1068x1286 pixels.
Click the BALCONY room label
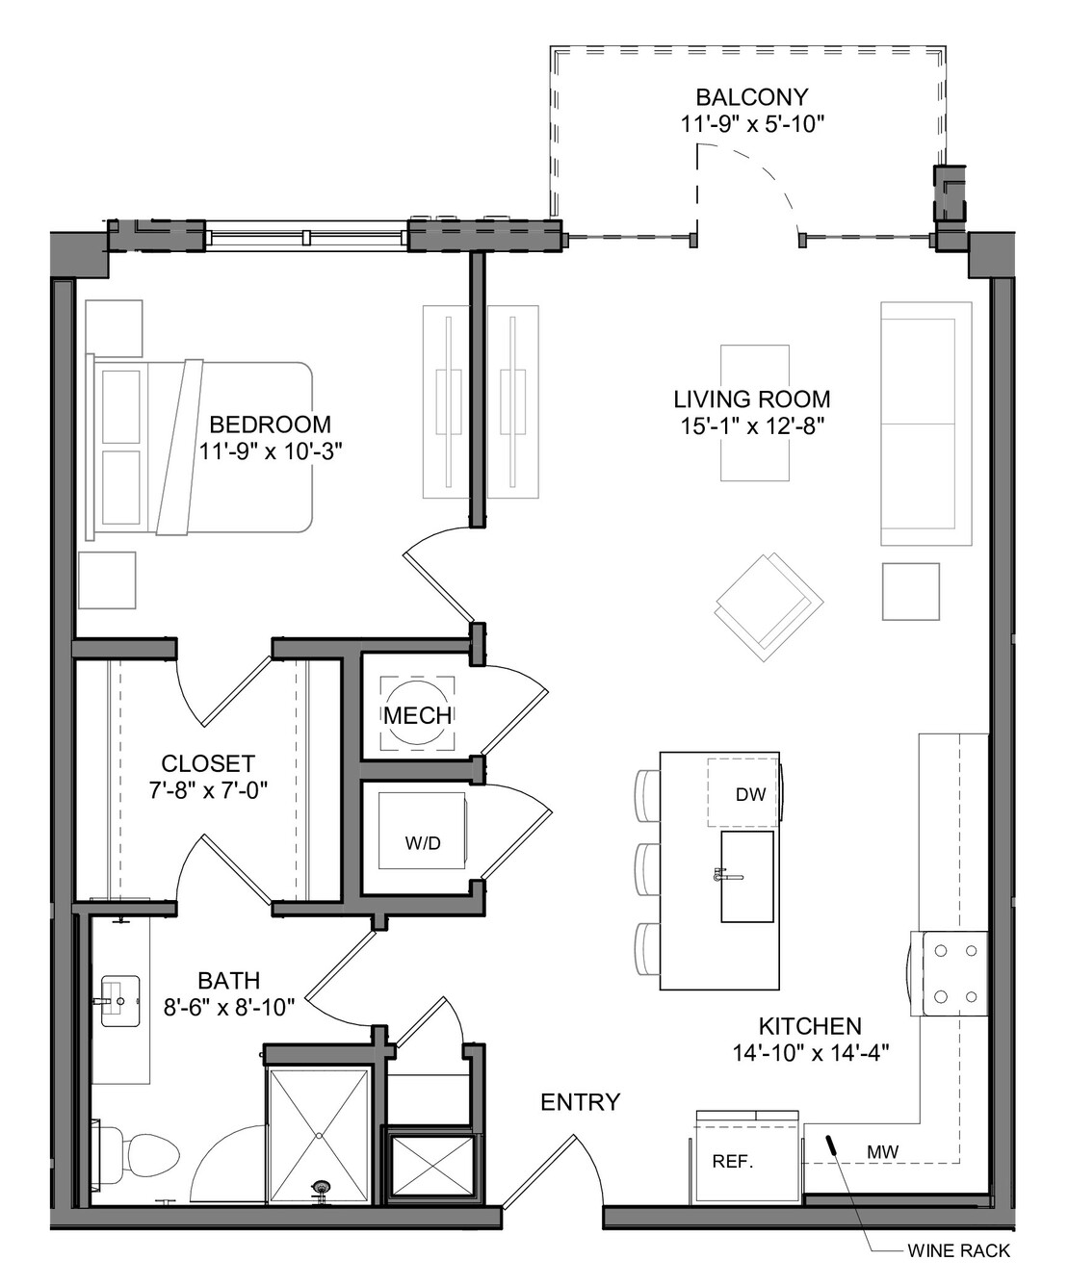(752, 97)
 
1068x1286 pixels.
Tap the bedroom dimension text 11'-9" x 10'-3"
(271, 451)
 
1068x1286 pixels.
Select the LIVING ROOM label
(752, 399)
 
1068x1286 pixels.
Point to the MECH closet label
(417, 715)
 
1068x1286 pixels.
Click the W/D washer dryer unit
(422, 831)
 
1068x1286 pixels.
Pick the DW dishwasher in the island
(742, 792)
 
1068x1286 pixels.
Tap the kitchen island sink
(747, 877)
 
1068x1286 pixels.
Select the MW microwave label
(882, 1151)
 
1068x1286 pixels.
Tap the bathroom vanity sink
(120, 1001)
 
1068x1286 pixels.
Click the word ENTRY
(580, 1102)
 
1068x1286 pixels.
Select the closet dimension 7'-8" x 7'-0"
(208, 790)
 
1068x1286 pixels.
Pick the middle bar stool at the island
(647, 868)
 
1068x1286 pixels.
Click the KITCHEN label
(810, 1026)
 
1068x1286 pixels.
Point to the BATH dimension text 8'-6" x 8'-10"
(229, 1007)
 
